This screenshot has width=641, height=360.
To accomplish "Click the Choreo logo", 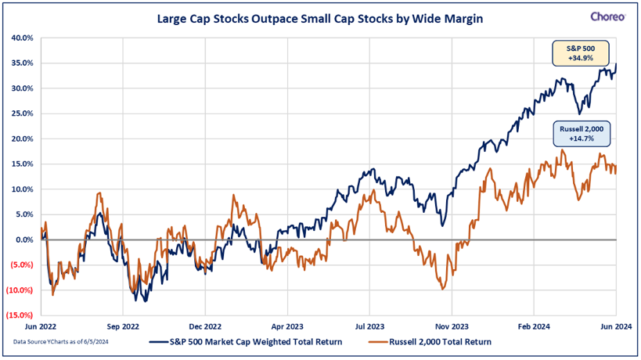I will (x=607, y=16).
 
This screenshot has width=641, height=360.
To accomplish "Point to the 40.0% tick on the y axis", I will (x=22, y=38).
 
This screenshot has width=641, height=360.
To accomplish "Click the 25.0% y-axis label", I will (x=22, y=113).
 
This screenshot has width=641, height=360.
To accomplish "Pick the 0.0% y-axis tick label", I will (x=23, y=239).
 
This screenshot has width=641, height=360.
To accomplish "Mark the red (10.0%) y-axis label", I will (x=20, y=290).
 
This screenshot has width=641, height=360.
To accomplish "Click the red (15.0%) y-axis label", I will (x=20, y=315).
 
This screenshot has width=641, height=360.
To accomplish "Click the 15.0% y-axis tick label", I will (x=22, y=164).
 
